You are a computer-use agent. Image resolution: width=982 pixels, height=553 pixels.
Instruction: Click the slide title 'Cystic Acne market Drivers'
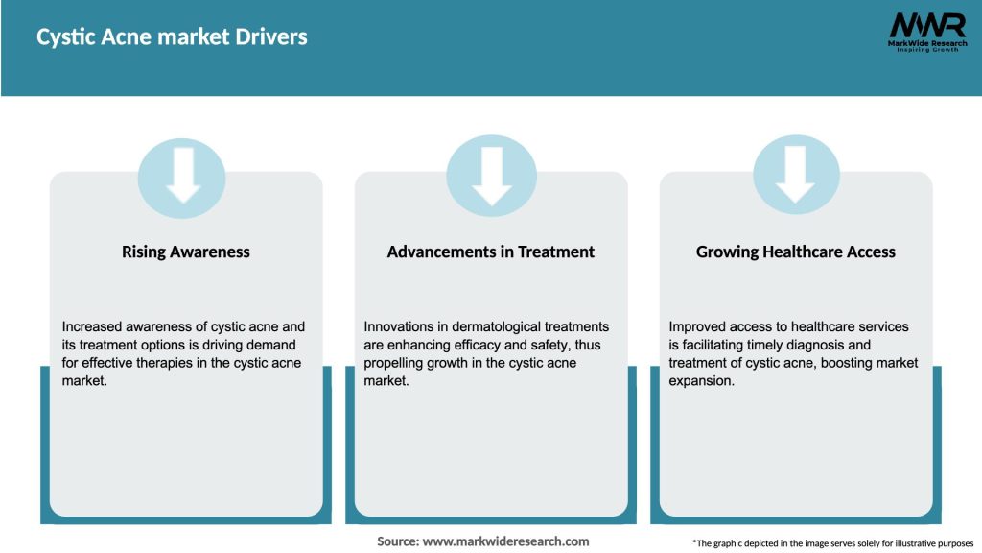(x=172, y=37)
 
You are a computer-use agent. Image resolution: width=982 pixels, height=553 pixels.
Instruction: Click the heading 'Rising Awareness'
(x=185, y=252)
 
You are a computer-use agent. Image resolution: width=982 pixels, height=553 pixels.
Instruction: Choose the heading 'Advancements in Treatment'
(x=490, y=252)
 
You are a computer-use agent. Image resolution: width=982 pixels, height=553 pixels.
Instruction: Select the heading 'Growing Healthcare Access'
(x=795, y=252)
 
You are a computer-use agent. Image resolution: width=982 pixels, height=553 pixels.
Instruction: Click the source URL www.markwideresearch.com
(x=506, y=541)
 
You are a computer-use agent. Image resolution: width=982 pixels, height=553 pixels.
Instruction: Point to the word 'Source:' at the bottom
(x=398, y=541)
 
